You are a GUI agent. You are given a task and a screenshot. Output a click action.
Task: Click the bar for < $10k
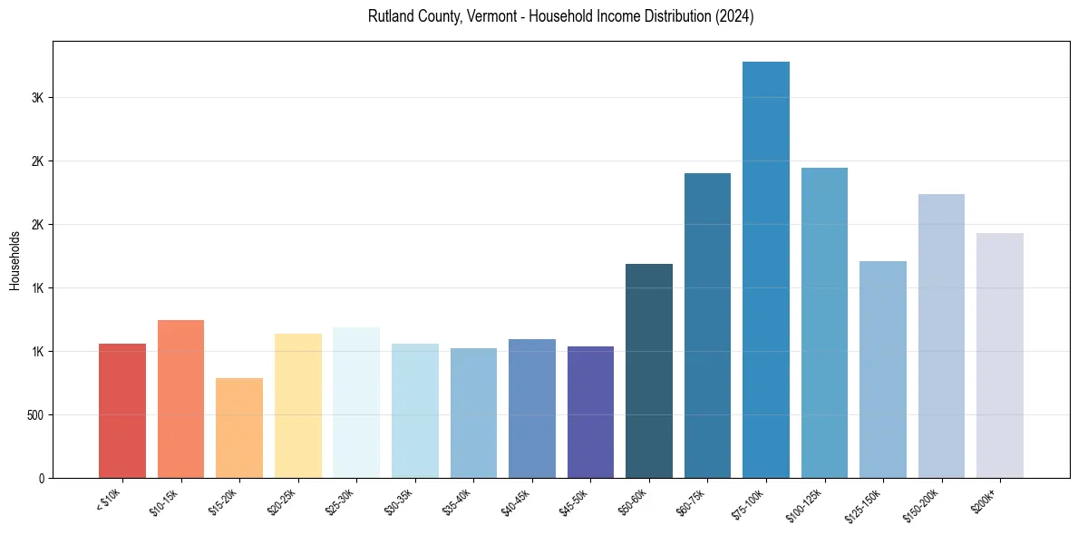pos(121,411)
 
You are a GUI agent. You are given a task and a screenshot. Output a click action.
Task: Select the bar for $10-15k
pos(180,399)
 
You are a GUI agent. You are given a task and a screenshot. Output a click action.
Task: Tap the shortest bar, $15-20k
pos(239,428)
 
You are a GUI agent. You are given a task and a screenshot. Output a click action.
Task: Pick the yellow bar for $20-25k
pos(297,405)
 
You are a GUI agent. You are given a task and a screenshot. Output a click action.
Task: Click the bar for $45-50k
pos(590,412)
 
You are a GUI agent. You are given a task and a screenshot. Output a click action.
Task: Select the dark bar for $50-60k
pos(649,371)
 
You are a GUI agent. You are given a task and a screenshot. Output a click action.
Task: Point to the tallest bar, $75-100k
pos(766,269)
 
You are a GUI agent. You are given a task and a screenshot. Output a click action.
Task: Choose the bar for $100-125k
pos(824,323)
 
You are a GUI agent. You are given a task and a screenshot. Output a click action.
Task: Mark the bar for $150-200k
pos(941,336)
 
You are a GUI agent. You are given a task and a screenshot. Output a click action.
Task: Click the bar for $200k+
pos(1000,355)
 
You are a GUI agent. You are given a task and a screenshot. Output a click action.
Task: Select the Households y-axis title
pos(15,260)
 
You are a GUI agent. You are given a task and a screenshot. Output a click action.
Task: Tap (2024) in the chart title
pos(736,17)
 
